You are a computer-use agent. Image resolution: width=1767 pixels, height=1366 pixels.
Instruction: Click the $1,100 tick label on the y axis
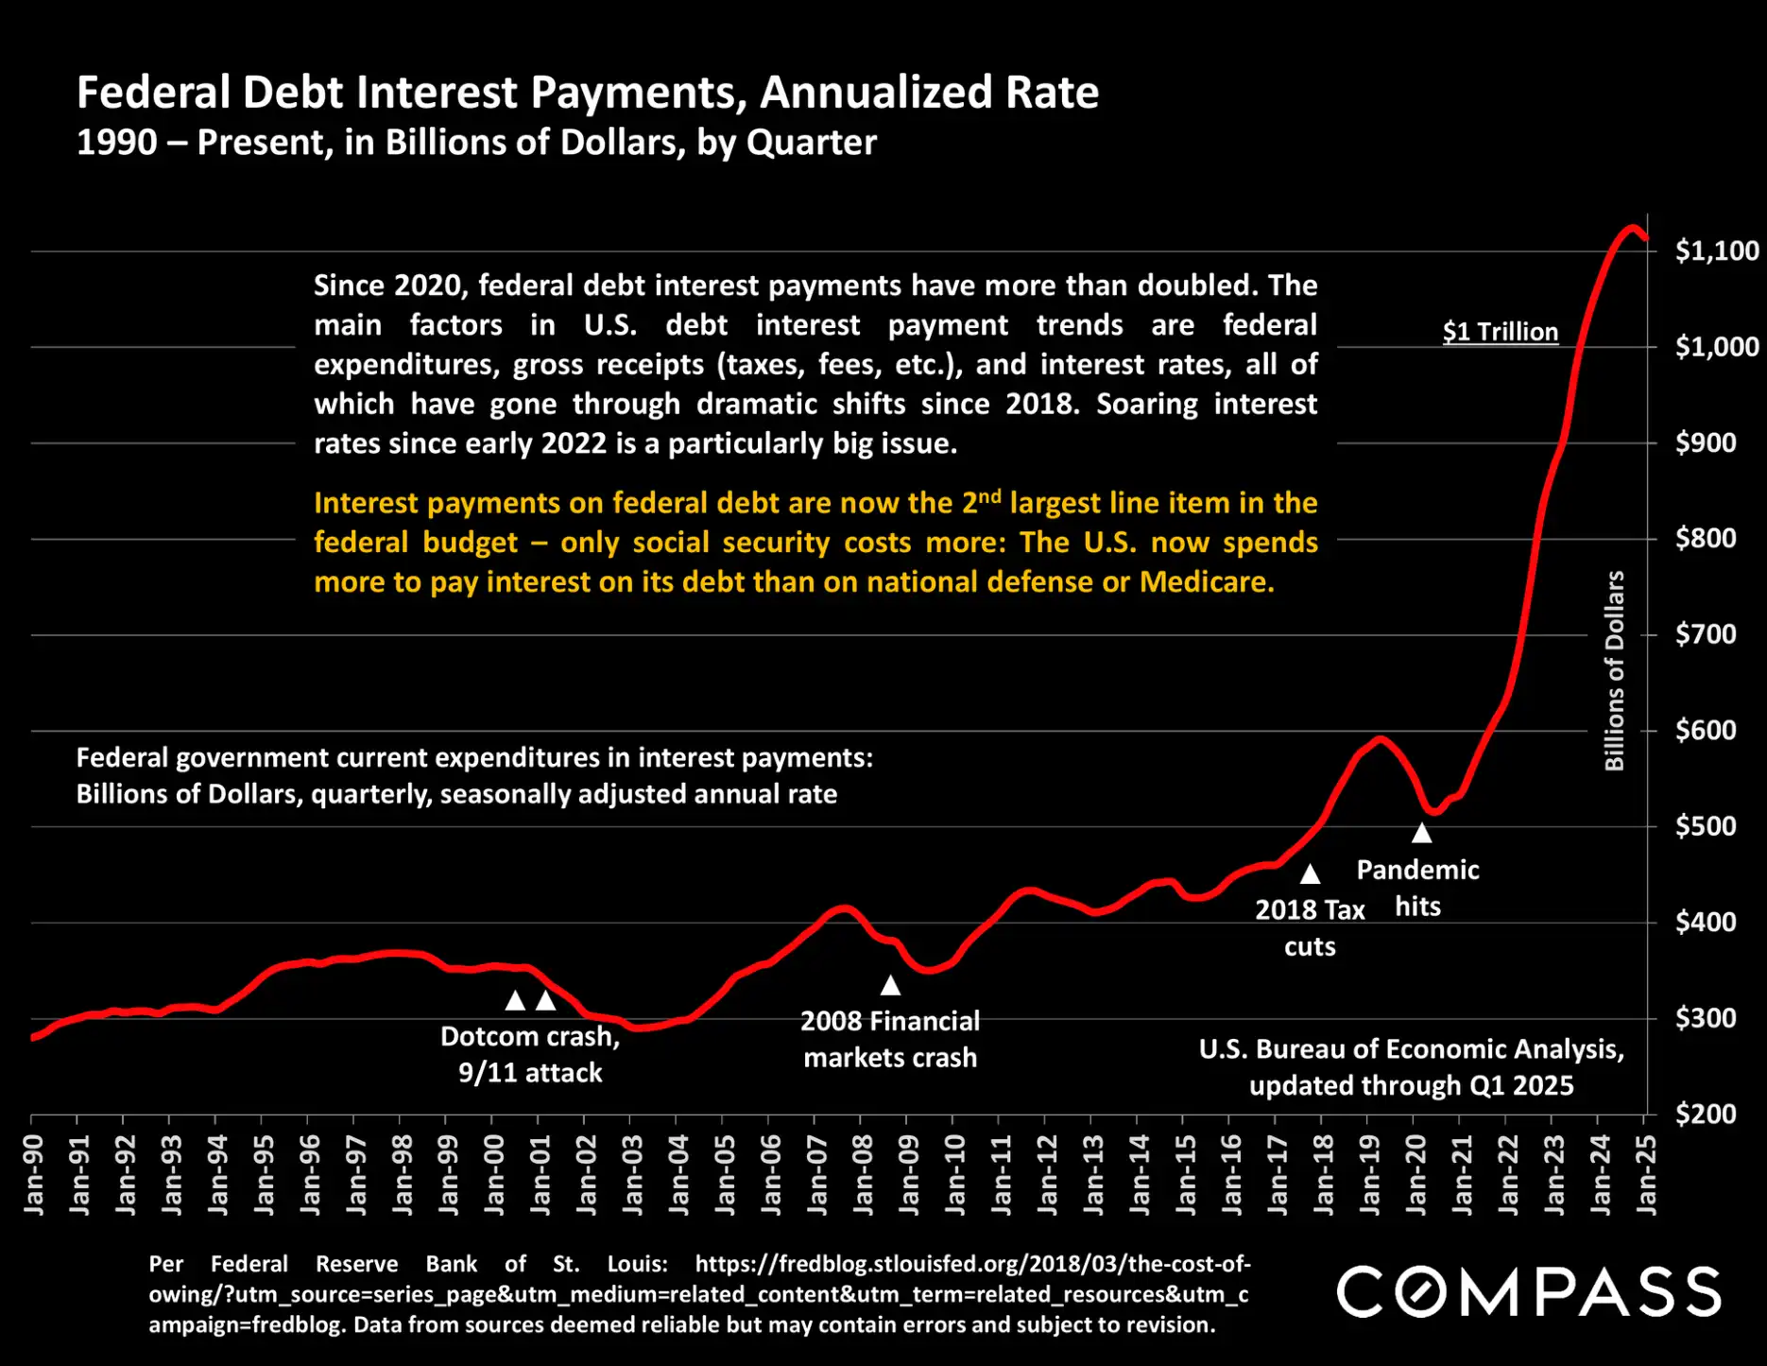point(1716,251)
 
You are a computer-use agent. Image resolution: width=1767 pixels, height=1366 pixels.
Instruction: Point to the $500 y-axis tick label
point(1706,826)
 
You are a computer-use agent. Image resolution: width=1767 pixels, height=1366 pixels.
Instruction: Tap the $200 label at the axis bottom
point(1706,1114)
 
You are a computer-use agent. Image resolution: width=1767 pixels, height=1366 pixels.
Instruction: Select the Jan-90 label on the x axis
point(33,1175)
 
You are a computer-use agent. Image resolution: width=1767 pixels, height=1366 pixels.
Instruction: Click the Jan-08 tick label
point(863,1175)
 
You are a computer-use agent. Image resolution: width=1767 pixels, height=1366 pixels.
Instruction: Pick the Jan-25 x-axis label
point(1646,1175)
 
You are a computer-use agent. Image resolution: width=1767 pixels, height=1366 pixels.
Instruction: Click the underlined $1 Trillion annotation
point(1500,332)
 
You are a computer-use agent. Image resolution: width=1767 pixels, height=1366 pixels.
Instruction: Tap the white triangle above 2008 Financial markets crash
point(890,985)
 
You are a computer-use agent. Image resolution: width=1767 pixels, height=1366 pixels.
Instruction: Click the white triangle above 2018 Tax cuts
point(1310,873)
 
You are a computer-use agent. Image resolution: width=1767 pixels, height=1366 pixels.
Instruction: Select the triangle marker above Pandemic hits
point(1421,833)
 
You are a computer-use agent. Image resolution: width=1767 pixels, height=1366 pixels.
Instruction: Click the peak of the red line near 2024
point(1631,228)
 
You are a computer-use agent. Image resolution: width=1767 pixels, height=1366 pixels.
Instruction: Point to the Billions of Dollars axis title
point(1614,670)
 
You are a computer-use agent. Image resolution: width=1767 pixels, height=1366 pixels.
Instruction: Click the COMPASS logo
point(1528,1291)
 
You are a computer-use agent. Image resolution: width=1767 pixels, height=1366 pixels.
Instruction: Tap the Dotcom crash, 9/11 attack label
point(530,1054)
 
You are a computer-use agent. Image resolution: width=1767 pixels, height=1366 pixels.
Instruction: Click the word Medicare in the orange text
point(1206,581)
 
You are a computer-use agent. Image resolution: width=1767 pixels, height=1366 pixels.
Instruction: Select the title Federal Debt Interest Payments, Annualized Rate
point(587,93)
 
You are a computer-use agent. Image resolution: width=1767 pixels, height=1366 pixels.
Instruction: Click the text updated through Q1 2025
point(1411,1085)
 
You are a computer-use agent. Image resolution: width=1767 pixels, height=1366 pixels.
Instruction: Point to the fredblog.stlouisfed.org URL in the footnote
point(972,1264)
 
